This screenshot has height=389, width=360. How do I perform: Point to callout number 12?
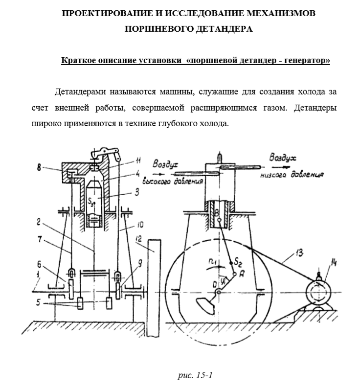click(x=139, y=239)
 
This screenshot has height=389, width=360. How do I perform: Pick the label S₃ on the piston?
click(x=90, y=201)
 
